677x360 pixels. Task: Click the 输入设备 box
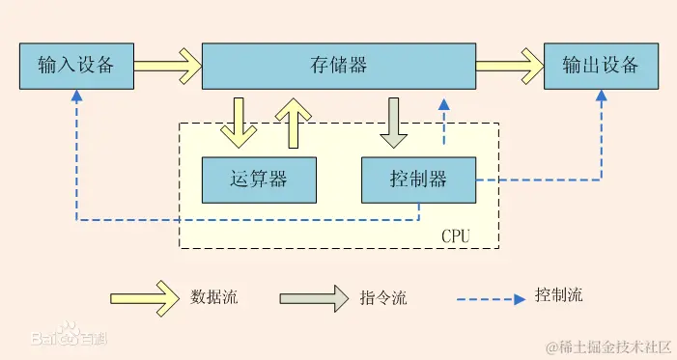[75, 66]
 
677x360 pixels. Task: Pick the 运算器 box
[259, 180]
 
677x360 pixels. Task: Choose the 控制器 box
[418, 180]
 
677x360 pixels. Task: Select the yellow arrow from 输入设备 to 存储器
[166, 66]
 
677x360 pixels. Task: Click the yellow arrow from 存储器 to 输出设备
[508, 66]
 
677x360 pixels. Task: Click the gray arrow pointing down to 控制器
[393, 121]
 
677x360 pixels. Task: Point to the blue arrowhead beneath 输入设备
[75, 97]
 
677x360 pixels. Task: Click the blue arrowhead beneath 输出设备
[601, 97]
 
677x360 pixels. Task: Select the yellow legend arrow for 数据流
[145, 297]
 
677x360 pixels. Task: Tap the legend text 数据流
[214, 297]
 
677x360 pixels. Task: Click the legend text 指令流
[383, 297]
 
